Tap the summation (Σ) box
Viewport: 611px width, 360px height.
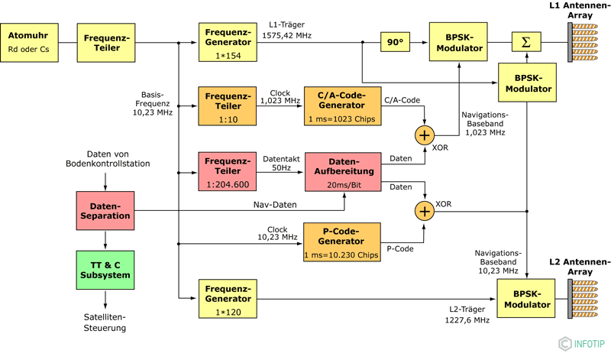(x=525, y=42)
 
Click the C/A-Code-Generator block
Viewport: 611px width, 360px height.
(x=342, y=106)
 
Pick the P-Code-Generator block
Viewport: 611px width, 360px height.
(x=341, y=243)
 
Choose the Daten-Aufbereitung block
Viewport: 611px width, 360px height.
(x=342, y=172)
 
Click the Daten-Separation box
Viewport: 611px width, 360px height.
(x=105, y=211)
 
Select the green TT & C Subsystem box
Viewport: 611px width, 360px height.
(x=105, y=269)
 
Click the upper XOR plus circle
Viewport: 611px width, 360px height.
(x=425, y=135)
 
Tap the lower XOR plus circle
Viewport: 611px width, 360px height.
(x=425, y=209)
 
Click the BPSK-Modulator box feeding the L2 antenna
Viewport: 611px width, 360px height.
(x=527, y=298)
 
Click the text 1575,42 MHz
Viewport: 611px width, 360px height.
(x=287, y=35)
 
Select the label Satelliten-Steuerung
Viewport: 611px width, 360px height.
(x=105, y=322)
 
